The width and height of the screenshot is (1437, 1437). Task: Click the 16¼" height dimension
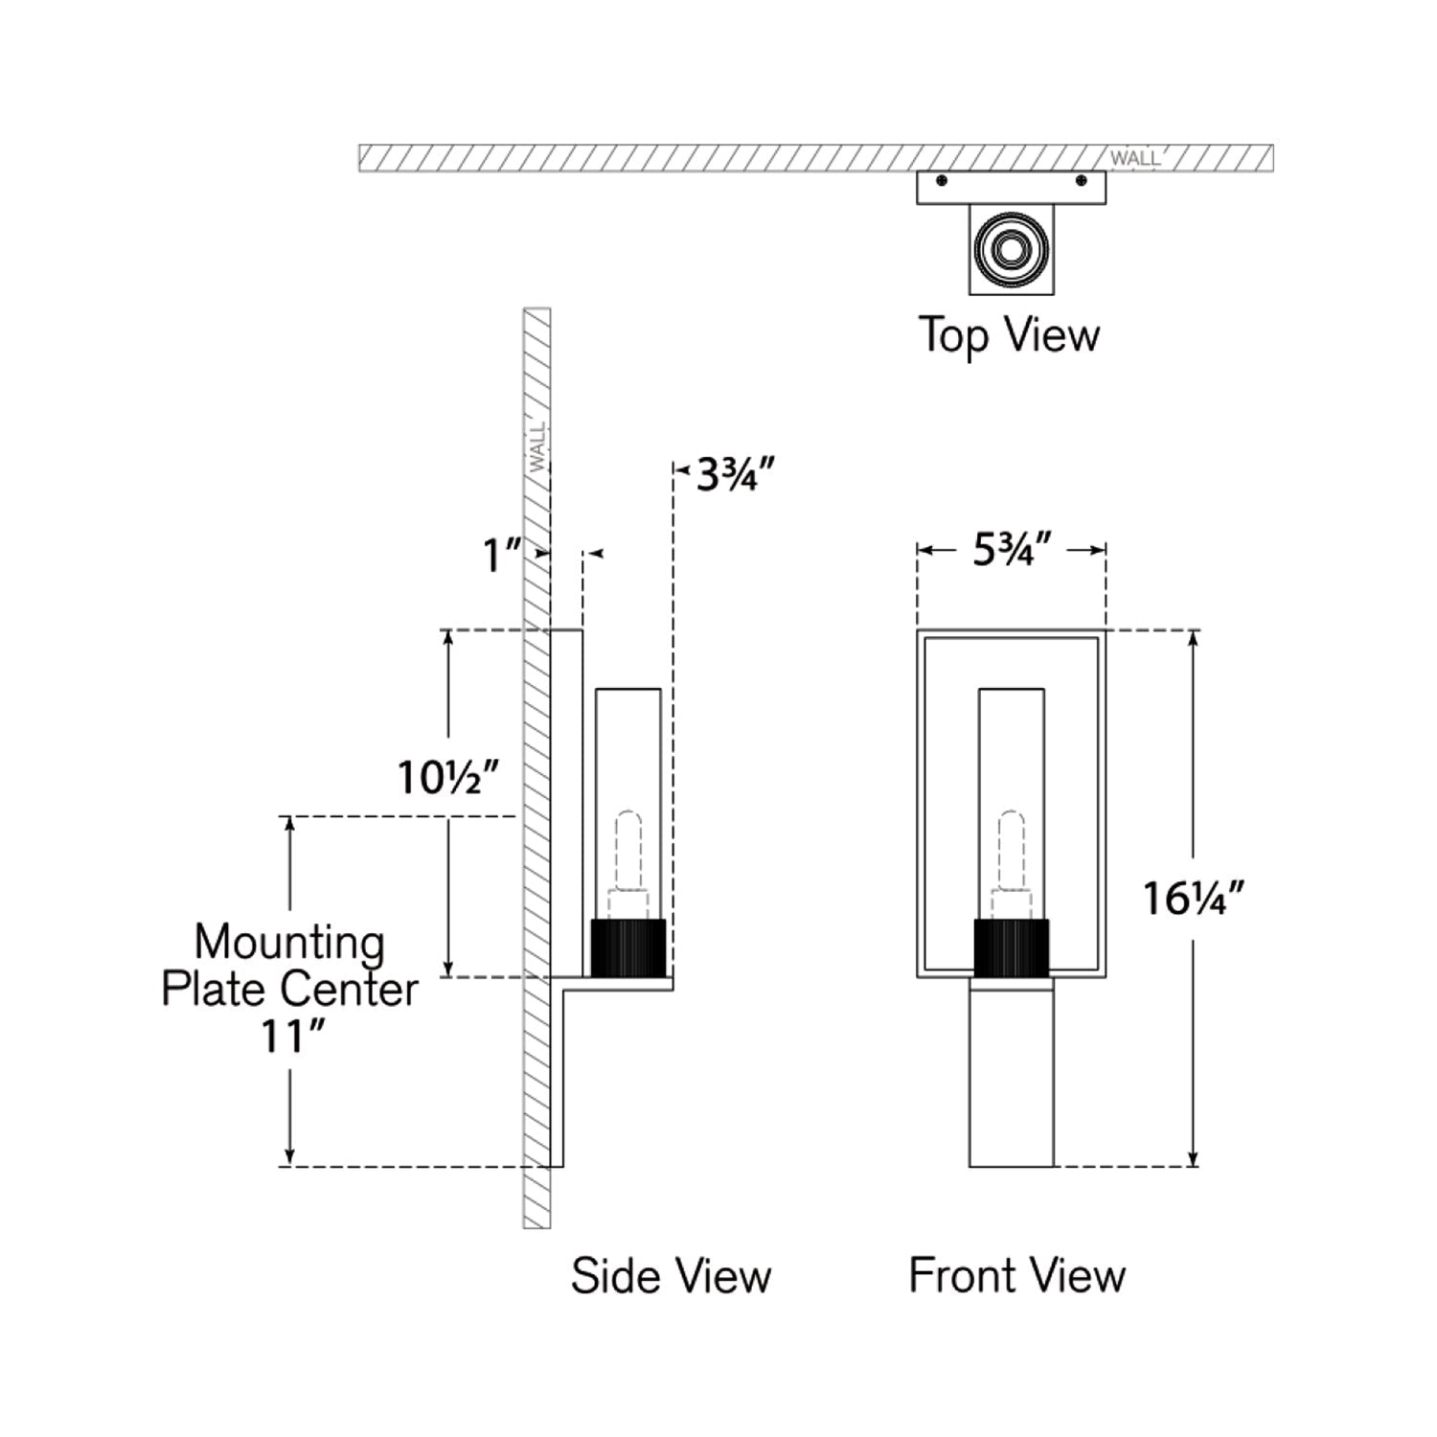point(1193,899)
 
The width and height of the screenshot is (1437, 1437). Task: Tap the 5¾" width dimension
point(1013,550)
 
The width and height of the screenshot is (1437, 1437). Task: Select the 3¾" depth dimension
point(735,474)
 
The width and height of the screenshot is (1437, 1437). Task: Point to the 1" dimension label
point(500,556)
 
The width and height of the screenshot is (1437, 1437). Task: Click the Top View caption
point(1010,335)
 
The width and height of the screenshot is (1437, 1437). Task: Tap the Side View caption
point(671,1276)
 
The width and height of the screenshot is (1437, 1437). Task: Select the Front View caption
point(1016,1276)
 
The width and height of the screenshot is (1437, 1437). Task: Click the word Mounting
point(289,943)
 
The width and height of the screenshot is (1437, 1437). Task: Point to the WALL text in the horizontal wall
point(1134,159)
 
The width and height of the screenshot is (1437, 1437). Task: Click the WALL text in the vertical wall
point(538,446)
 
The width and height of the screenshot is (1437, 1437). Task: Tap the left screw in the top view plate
point(942,180)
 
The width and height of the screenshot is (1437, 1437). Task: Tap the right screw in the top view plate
point(1082,180)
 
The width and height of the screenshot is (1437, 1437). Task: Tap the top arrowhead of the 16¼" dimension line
point(1193,637)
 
